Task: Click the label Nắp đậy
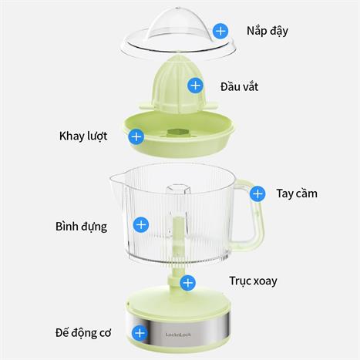point(267,32)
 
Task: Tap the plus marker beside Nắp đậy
point(220,31)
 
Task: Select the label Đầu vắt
point(239,86)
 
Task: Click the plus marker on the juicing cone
point(196,86)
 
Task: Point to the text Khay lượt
point(83,136)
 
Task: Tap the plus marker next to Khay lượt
point(136,136)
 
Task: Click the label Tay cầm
point(297,193)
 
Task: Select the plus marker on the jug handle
point(257,194)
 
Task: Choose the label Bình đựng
point(82,227)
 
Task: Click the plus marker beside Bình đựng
point(141,225)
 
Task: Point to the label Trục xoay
point(253,281)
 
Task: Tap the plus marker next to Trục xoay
point(188,283)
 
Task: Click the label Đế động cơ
point(83,333)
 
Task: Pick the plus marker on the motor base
point(140,333)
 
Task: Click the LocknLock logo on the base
point(178,335)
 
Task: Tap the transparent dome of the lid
point(177,25)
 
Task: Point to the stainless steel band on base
point(178,330)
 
